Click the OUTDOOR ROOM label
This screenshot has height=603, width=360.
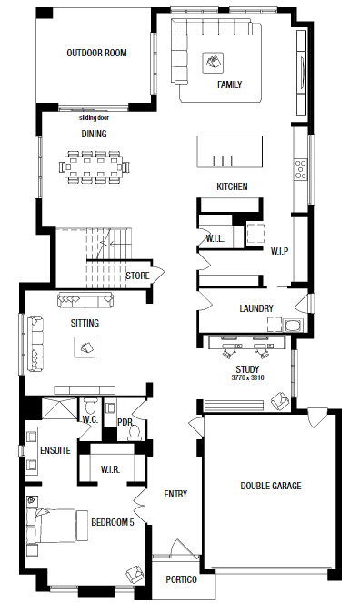96,53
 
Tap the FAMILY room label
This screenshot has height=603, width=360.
229,85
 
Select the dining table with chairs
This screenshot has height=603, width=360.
95,166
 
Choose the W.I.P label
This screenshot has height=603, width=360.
278,250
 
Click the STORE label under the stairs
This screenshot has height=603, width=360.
137,275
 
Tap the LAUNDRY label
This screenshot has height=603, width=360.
256,308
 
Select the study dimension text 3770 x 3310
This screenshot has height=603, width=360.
247,377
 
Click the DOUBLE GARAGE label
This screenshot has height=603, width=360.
271,486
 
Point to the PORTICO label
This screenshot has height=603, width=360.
181,579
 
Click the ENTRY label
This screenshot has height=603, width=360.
175,494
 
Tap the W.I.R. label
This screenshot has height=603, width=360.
111,469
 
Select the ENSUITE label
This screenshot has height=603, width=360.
55,450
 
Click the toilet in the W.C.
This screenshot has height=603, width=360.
90,407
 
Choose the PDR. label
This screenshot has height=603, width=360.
125,422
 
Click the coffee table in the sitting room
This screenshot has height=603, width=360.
86,347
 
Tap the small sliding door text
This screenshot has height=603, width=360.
95,116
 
